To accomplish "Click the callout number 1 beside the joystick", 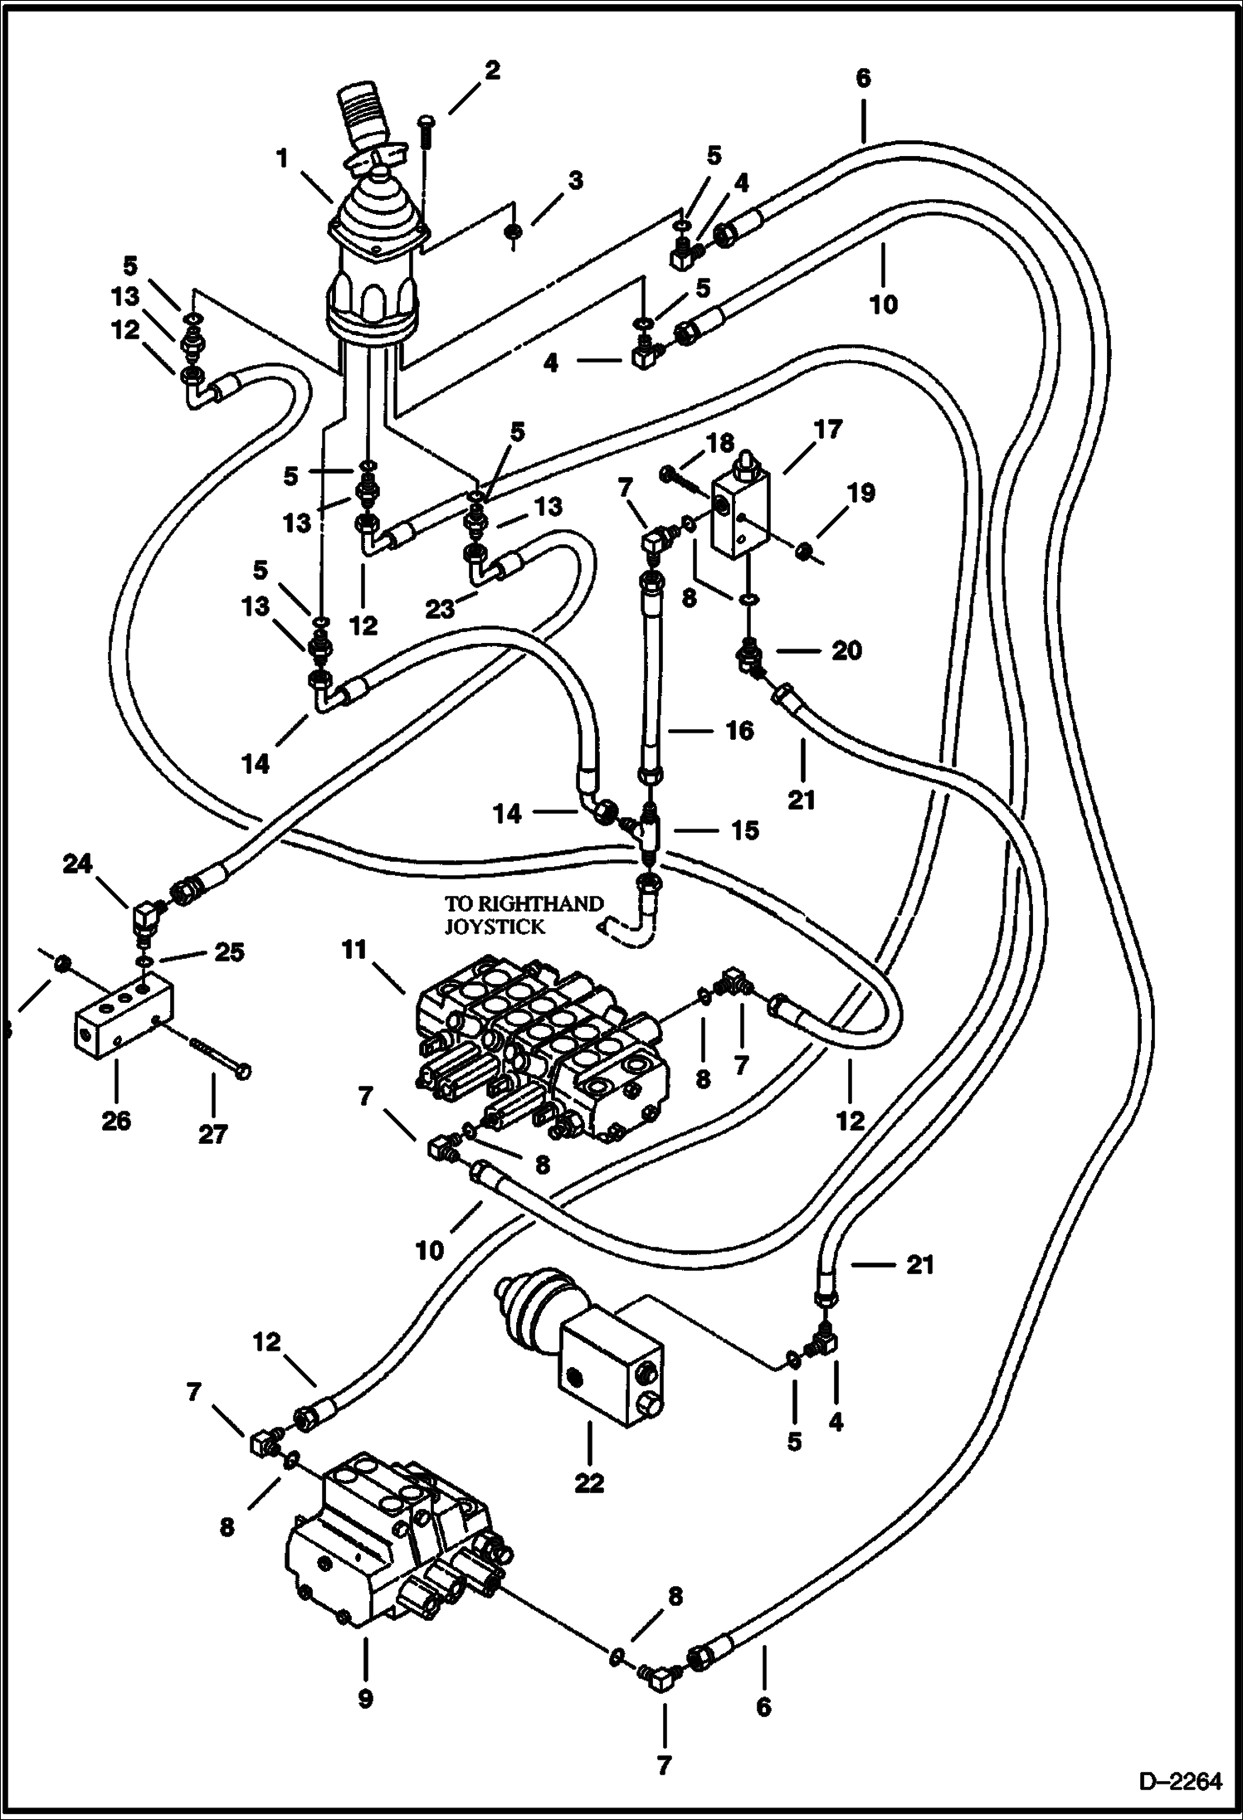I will tap(283, 158).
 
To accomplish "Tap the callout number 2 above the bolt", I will tap(492, 71).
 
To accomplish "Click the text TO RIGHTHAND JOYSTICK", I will tap(523, 915).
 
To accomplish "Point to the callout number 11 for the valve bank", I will tap(354, 951).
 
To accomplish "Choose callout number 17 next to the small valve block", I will tap(827, 430).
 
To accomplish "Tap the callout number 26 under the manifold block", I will tap(116, 1121).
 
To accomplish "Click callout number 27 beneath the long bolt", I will tap(212, 1133).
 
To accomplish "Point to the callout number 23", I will tap(441, 610).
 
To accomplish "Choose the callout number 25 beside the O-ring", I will tap(230, 952).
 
